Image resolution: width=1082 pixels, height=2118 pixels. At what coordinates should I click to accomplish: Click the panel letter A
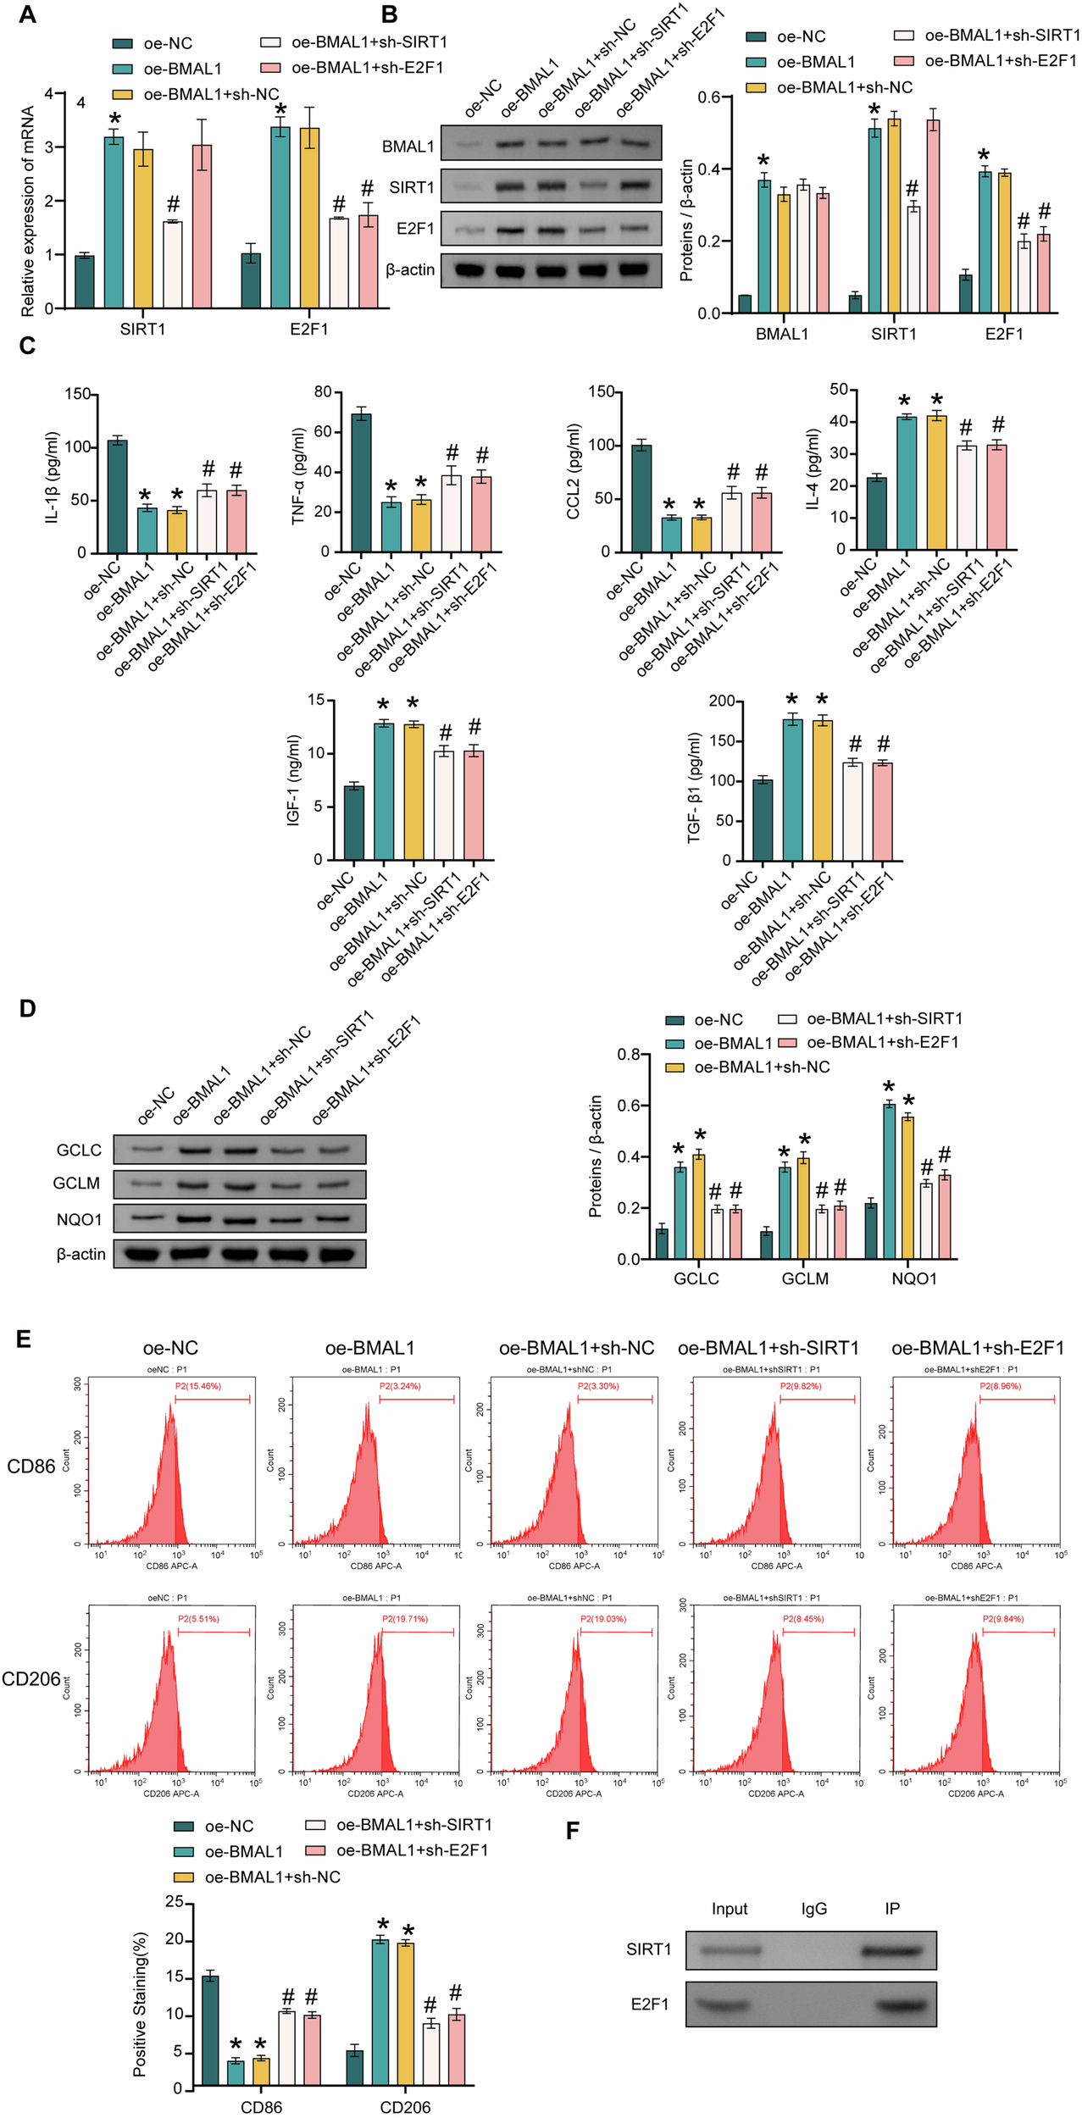[27, 14]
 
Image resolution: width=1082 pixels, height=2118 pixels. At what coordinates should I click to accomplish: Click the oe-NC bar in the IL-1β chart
[118, 496]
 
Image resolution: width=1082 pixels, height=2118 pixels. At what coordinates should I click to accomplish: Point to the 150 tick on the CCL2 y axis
[601, 392]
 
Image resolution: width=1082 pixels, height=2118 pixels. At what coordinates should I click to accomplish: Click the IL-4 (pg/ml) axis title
[813, 469]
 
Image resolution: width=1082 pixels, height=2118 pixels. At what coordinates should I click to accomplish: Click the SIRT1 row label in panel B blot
[412, 187]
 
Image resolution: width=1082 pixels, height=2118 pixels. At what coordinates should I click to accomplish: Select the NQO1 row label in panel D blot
[79, 1219]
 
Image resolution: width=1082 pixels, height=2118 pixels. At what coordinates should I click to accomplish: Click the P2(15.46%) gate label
[198, 1386]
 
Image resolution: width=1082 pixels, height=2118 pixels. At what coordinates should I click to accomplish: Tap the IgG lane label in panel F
[813, 1909]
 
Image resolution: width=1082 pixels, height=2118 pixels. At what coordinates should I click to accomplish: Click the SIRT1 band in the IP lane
[891, 1951]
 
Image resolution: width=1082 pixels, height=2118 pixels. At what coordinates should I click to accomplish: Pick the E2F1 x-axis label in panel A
[308, 329]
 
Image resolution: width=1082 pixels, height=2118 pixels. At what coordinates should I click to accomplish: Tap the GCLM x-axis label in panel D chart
[805, 1278]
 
